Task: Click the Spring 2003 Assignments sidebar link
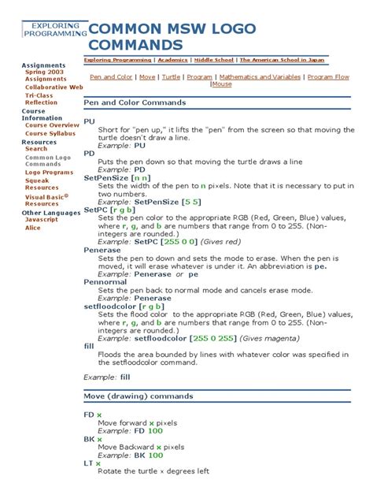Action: coord(45,76)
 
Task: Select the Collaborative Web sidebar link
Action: coord(54,87)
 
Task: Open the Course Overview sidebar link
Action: coord(52,125)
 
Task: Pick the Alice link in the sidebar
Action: coord(32,228)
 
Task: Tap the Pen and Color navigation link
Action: coord(111,78)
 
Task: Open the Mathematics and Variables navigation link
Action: coord(260,78)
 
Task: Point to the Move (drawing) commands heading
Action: coord(138,395)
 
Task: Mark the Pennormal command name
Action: coord(105,281)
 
